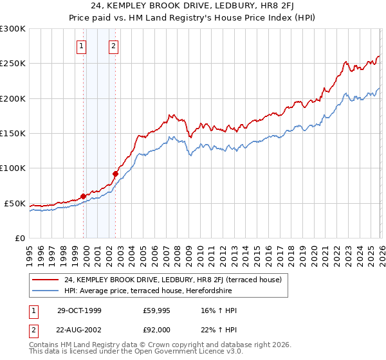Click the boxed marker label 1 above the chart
point(82,46)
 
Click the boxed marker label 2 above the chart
point(113,46)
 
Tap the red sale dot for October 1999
point(84,196)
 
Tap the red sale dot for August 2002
point(115,174)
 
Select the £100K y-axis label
point(13,168)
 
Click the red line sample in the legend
point(46,280)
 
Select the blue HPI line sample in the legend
point(46,291)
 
